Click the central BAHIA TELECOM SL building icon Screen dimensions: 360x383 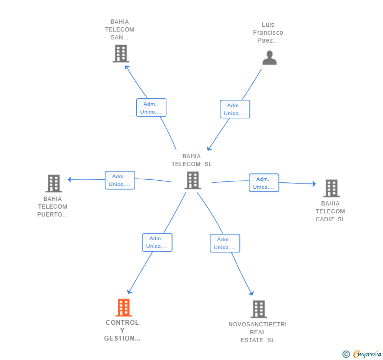[193, 180]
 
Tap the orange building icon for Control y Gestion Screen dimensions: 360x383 [123, 307]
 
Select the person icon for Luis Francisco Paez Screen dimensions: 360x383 [269, 58]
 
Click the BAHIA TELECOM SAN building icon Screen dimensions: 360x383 [120, 53]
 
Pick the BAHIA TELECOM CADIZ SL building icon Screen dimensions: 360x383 [331, 188]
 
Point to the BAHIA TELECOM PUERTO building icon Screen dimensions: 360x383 [54, 183]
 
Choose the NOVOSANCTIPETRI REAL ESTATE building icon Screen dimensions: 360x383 [258, 309]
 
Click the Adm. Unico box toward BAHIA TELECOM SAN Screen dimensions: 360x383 [152, 108]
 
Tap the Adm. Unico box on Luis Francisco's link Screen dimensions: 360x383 [235, 109]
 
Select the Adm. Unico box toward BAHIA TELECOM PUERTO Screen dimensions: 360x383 [120, 180]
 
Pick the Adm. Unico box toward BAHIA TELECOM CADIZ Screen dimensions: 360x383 [264, 183]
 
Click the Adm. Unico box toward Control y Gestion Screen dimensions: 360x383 [157, 242]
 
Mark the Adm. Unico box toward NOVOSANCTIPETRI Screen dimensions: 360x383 [225, 243]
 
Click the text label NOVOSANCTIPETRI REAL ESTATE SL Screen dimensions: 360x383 [258, 332]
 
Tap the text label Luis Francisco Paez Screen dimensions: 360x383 [268, 33]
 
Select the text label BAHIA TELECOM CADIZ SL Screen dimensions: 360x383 [330, 211]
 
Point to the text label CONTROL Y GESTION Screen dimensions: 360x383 [122, 331]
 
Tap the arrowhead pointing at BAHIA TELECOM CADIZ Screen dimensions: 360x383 [314, 184]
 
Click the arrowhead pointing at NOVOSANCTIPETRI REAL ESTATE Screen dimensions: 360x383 [251, 293]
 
